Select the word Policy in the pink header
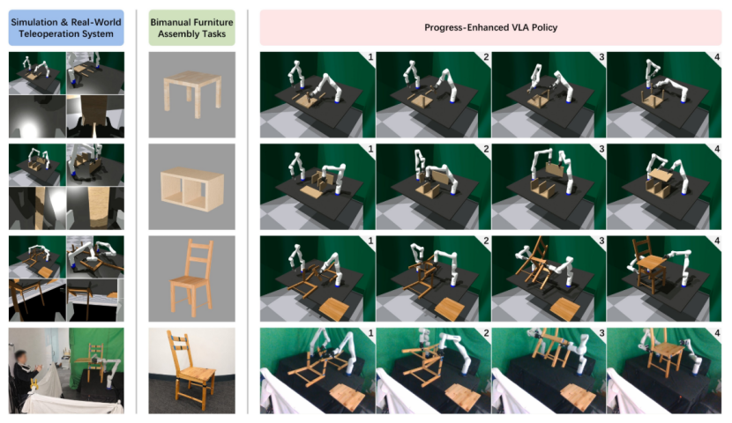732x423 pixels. coord(544,27)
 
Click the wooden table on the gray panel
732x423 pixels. coord(192,94)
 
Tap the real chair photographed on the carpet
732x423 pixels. coord(191,371)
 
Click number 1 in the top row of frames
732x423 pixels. coord(370,57)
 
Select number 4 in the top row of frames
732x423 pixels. coord(717,57)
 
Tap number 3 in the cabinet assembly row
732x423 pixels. coord(601,149)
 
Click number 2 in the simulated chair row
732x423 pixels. coord(486,241)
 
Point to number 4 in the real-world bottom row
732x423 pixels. coord(717,333)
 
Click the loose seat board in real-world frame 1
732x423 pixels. coord(347,397)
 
